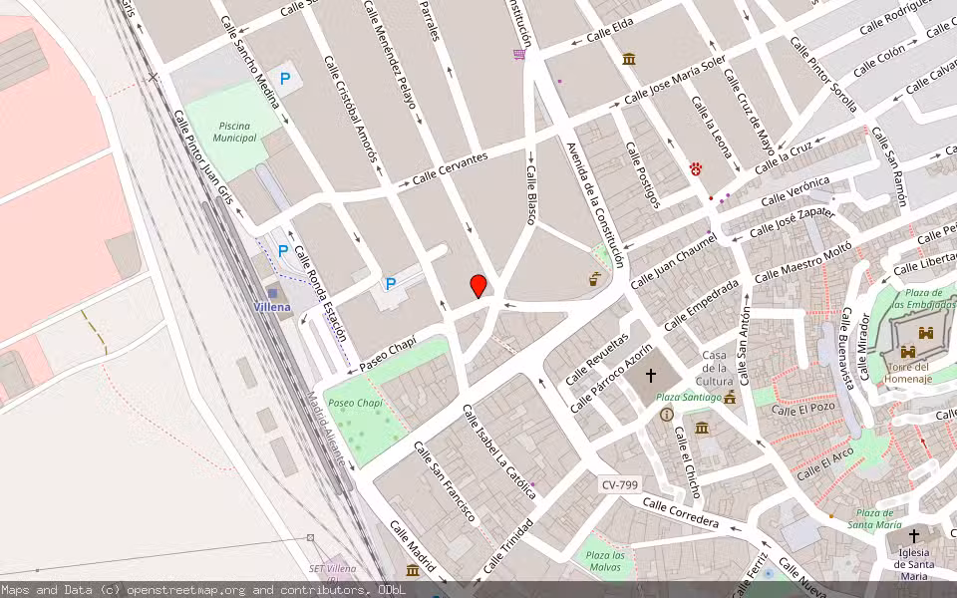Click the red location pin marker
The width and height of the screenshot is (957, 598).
478,286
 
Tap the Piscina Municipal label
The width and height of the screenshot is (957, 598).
234,132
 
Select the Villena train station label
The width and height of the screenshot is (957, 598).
272,307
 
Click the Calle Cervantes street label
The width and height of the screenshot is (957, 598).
451,170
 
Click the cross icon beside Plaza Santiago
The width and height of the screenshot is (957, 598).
651,376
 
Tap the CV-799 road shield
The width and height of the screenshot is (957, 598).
619,484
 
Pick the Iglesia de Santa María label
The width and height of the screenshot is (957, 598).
913,563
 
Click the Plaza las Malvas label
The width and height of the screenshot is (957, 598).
605,560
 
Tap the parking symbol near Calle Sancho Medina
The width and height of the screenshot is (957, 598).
287,78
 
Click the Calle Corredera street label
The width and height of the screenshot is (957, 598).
681,513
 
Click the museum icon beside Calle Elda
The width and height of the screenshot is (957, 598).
629,60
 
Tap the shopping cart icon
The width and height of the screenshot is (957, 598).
519,54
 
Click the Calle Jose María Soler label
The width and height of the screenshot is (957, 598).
675,83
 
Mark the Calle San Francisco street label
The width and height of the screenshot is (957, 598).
445,481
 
